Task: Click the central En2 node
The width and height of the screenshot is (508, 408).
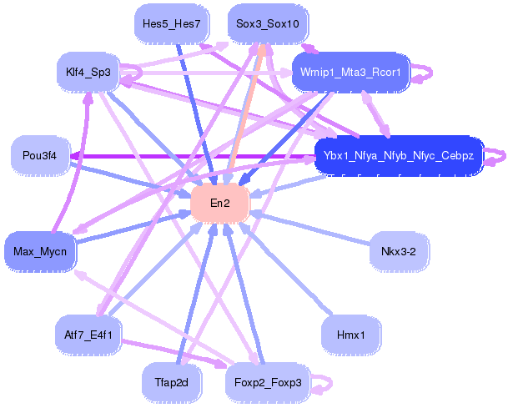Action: click(x=221, y=204)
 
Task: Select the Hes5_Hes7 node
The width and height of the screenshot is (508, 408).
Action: click(x=171, y=24)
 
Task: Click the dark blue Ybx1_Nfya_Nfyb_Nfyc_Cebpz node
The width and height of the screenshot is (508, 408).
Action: click(x=399, y=156)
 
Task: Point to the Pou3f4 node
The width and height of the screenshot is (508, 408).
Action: click(x=40, y=156)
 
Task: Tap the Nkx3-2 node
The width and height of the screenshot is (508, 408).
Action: click(x=399, y=251)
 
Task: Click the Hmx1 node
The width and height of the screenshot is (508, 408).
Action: click(x=351, y=335)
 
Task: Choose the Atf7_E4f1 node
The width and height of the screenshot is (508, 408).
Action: click(x=88, y=335)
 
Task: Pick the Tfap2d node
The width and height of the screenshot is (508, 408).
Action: click(x=171, y=383)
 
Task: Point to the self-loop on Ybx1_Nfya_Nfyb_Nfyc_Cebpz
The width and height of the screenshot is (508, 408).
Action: click(x=497, y=156)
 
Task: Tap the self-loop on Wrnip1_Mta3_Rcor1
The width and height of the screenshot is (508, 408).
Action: click(x=425, y=70)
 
